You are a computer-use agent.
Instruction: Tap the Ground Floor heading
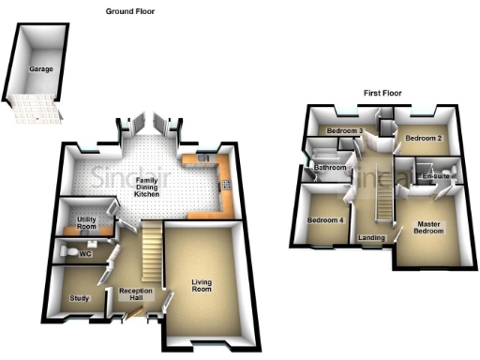[x=131, y=11]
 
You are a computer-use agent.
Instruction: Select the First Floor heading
[x=384, y=93]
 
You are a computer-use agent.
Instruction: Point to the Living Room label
[x=202, y=285]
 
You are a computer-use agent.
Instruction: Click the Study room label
[x=80, y=299]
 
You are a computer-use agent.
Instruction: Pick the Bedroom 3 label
[x=344, y=131]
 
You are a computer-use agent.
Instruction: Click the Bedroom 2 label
[x=423, y=139]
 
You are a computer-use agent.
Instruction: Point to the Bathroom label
[x=330, y=169]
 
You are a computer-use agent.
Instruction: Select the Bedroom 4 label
[x=325, y=220]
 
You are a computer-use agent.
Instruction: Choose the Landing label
[x=371, y=238]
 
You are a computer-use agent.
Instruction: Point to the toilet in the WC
[x=63, y=251]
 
